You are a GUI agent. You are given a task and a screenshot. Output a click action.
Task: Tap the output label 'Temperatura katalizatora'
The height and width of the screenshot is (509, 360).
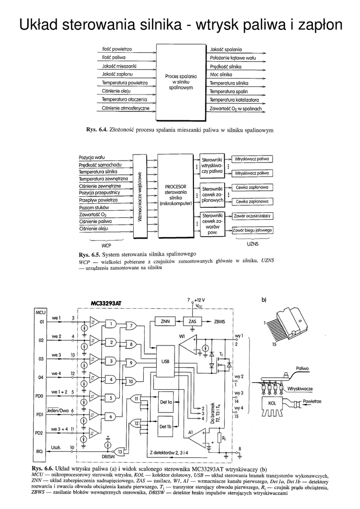point(234,99)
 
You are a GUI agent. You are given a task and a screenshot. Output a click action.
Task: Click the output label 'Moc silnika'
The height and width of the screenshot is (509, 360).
point(222,74)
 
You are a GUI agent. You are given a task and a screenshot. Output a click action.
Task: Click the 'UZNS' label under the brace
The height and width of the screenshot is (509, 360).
point(253,245)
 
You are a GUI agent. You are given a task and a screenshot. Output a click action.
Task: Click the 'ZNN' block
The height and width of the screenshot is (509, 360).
point(165,321)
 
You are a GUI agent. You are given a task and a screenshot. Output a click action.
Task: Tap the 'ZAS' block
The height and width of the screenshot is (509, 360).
point(192,321)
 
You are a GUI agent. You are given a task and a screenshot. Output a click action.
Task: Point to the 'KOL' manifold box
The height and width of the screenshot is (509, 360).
point(271,403)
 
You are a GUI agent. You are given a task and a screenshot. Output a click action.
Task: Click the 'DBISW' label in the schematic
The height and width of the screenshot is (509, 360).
point(107,456)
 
